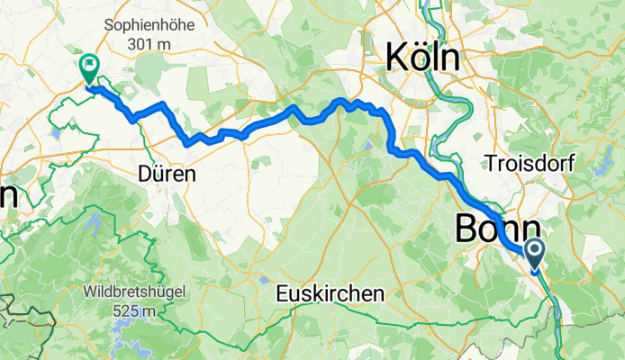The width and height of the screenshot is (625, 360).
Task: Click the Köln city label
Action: tap(421, 58)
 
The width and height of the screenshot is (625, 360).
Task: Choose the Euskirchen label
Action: tap(330, 294)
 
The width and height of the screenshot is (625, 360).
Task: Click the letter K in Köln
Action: tap(397, 58)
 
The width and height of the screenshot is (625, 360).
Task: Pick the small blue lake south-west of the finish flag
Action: tap(57, 132)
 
